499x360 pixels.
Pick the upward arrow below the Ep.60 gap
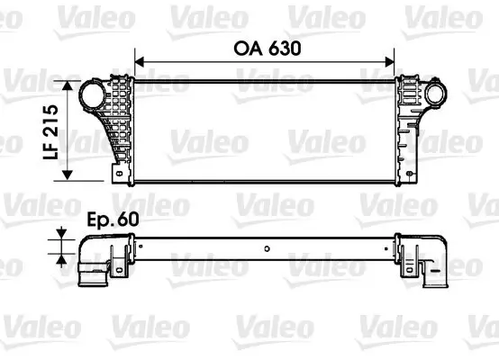tap(61, 256)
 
